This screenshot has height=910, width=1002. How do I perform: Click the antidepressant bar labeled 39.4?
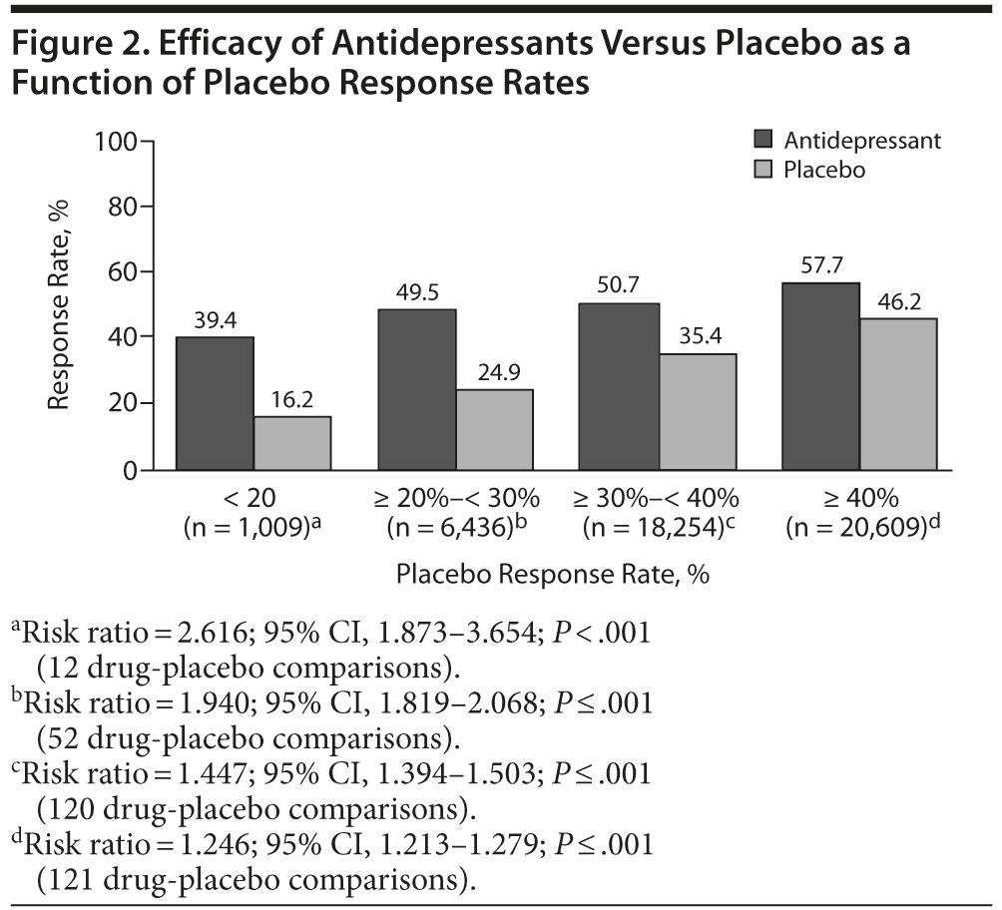[x=215, y=403]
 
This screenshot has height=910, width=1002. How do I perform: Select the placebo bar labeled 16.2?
[x=292, y=443]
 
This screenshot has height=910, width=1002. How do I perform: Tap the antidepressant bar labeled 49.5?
[x=416, y=389]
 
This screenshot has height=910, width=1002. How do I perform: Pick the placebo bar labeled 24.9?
[x=494, y=429]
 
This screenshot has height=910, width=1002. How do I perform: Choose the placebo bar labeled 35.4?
[x=698, y=411]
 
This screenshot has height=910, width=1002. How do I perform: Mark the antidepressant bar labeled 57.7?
[x=821, y=376]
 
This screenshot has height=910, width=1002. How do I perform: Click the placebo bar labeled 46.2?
[x=898, y=394]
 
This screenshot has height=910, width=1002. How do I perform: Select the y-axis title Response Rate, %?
[x=61, y=304]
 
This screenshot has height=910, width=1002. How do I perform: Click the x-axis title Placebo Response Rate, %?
[x=552, y=575]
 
